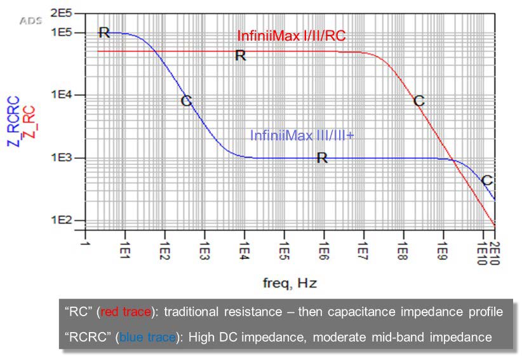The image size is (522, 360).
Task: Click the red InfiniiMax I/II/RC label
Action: (x=291, y=36)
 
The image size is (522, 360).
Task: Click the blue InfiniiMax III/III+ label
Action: (x=302, y=135)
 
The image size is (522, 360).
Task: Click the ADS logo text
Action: (x=31, y=20)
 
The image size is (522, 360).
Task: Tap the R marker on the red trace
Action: (x=240, y=56)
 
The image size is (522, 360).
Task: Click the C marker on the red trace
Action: (x=418, y=100)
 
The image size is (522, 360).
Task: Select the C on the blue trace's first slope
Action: (x=186, y=101)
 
